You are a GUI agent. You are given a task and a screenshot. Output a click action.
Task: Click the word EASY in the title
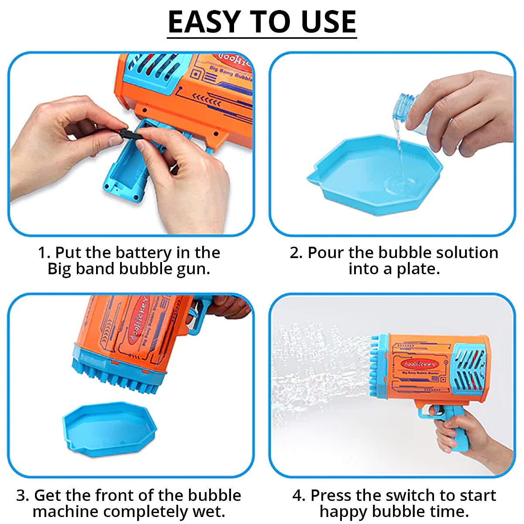coord(204,22)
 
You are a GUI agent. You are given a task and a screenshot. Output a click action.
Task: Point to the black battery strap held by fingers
coord(127,133)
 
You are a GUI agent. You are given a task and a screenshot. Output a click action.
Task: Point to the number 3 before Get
coord(22,495)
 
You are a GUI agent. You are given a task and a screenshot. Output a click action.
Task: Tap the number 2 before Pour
coord(295,252)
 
